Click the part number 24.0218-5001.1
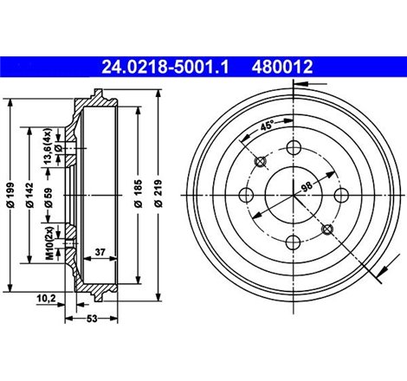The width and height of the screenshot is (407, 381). tap(165, 67)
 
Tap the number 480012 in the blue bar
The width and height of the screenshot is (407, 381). tap(282, 67)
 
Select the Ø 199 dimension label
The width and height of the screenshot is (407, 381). tap(10, 195)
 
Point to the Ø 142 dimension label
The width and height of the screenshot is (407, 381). tap(29, 195)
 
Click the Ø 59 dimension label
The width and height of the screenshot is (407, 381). tap(48, 197)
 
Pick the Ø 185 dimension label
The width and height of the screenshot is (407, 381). tap(139, 193)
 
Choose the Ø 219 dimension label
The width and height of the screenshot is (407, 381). tap(158, 193)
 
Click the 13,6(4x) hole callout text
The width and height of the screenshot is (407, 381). tap(48, 146)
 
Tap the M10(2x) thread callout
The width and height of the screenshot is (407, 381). tap(49, 243)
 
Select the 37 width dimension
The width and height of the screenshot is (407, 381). tap(100, 252)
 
